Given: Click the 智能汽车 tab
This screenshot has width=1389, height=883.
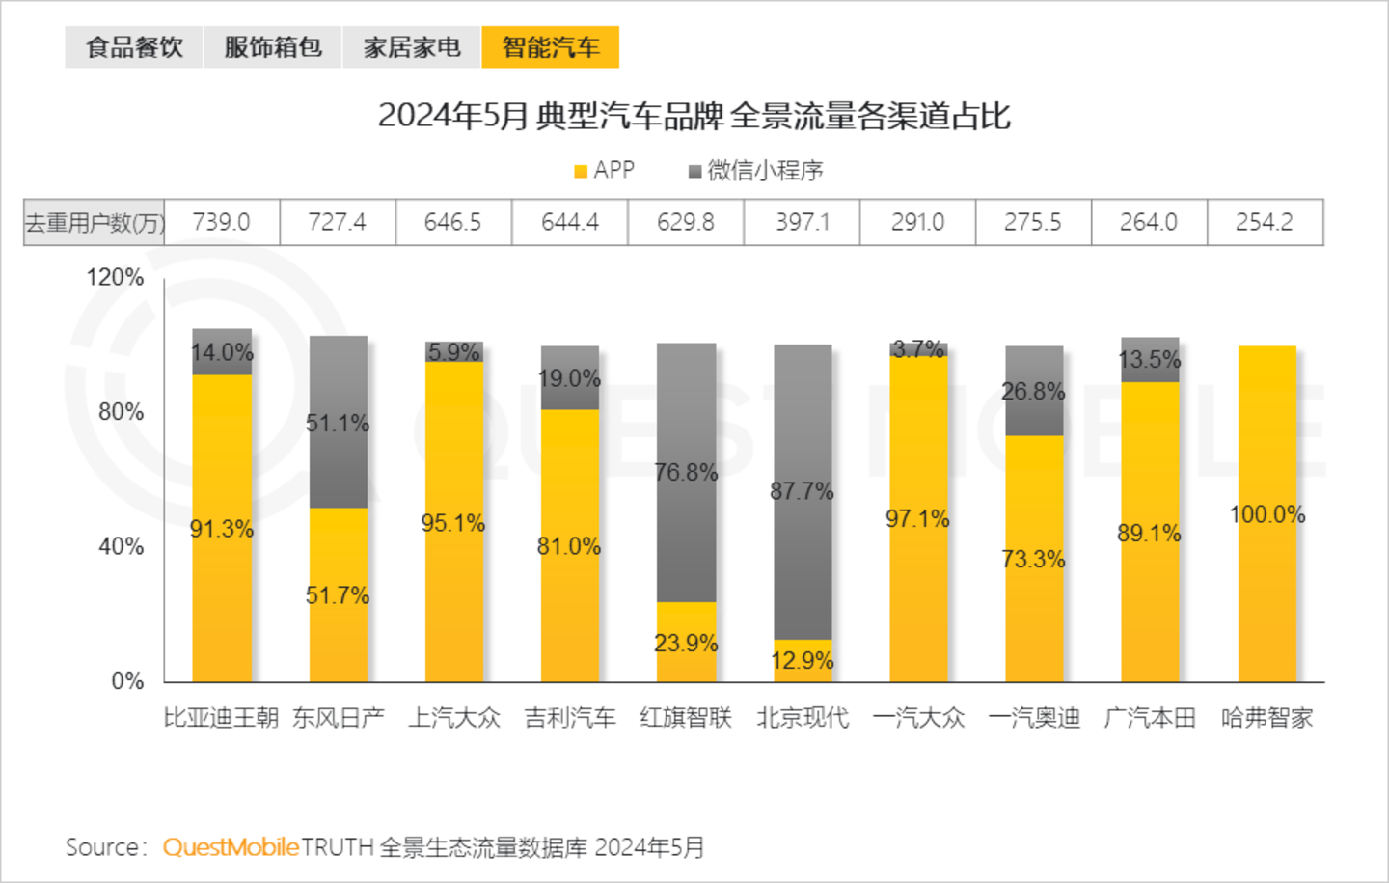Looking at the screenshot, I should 550,47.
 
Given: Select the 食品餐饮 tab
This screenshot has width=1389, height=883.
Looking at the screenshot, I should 134,47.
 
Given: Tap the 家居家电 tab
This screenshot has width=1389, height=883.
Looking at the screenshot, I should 412,47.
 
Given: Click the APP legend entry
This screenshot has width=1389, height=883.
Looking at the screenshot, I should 605,171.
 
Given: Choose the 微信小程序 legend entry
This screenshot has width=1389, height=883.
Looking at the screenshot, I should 756,171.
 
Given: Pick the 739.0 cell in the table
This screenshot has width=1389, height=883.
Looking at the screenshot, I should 222,222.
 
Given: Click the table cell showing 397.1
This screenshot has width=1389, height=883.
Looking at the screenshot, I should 803,222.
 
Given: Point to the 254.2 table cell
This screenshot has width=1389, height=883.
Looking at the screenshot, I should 1265,222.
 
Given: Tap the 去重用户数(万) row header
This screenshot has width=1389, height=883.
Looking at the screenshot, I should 95,222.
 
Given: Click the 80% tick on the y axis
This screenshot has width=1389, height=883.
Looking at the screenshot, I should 121,412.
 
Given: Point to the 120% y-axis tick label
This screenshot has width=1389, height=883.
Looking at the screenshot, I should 115,278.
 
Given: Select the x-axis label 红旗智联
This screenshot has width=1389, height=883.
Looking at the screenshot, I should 686,718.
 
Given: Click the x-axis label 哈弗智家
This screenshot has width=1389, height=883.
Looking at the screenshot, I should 1266,718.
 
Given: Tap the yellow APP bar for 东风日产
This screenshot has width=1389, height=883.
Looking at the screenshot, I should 339,618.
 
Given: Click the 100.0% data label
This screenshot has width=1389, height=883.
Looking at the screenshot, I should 1267,514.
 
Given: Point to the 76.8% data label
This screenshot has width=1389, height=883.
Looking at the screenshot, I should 686,473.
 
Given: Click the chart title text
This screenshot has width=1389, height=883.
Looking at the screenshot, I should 694,116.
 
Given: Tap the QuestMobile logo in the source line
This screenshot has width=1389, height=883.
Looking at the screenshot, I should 231,847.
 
